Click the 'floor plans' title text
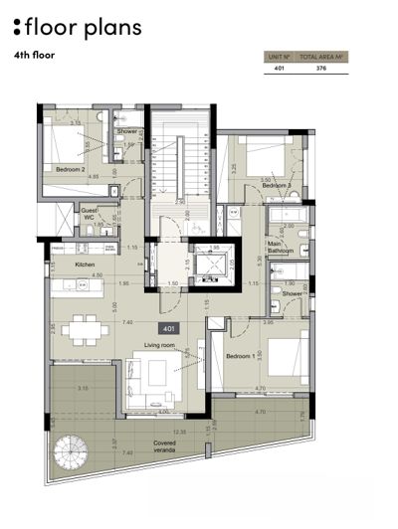tap(84, 26)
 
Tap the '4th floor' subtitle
tap(35, 56)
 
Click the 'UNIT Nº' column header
tap(280, 58)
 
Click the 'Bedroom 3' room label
tap(276, 185)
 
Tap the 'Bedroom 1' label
tap(243, 355)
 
